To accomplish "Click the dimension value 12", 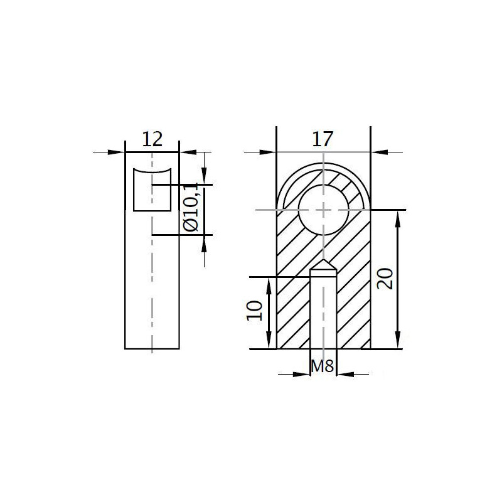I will [152, 139].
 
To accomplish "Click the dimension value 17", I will [323, 139].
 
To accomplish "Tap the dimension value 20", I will [387, 279].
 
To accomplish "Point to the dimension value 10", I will [254, 311].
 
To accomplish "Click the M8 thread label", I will [323, 366].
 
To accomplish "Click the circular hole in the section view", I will [323, 210].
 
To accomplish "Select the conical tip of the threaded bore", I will [323, 266].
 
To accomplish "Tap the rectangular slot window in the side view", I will [152, 190].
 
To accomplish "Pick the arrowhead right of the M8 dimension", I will [344, 375].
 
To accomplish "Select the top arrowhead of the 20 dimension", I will [397, 216].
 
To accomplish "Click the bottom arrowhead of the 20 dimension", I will [397, 342].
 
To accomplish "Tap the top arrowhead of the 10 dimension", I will [269, 284].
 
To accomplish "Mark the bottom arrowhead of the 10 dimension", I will [269, 342].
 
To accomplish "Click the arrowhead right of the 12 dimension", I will [187, 152].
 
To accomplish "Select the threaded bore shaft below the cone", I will [323, 311].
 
